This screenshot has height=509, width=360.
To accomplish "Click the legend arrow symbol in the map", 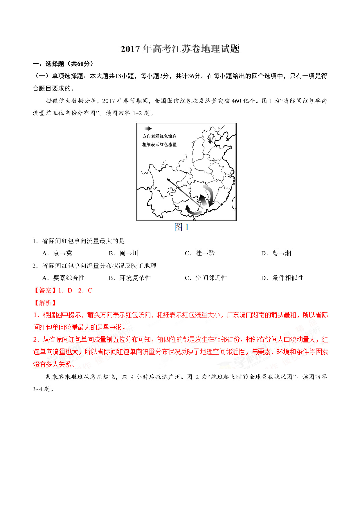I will (x=148, y=129).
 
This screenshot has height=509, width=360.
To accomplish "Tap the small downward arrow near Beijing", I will (x=210, y=140).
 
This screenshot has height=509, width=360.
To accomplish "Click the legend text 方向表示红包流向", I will (x=159, y=136).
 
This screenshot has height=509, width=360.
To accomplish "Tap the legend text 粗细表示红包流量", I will (x=159, y=145).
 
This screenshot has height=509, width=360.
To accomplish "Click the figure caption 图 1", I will (x=181, y=227).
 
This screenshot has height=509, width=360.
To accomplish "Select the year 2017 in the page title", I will (x=130, y=49).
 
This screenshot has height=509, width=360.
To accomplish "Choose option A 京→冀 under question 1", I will (x=57, y=253).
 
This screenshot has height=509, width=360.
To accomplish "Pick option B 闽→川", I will (x=123, y=253).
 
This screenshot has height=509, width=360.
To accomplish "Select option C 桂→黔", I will (x=200, y=253).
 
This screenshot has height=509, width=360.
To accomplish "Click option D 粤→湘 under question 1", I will (x=276, y=253).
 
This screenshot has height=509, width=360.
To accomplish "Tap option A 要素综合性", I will (x=63, y=278).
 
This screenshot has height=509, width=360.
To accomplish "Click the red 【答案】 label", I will (x=45, y=290).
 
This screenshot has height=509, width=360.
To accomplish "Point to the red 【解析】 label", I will (x=45, y=303).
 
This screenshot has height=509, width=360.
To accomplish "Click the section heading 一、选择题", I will (x=48, y=64).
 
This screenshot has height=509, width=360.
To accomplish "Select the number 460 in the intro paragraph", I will (x=236, y=101).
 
